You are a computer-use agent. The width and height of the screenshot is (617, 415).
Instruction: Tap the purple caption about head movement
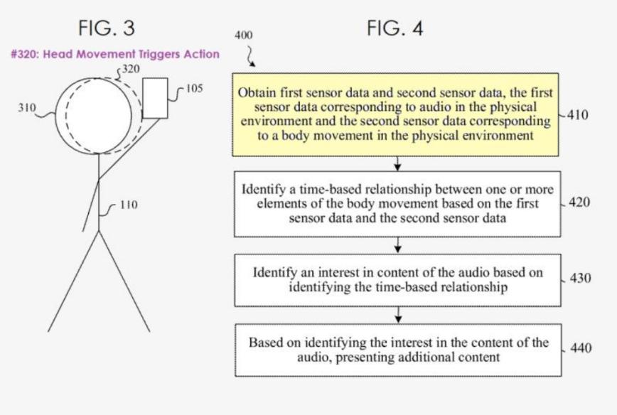[x=115, y=54]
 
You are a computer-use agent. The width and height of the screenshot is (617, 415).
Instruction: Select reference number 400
[x=242, y=35]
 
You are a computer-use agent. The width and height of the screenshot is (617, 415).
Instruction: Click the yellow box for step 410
[x=397, y=114]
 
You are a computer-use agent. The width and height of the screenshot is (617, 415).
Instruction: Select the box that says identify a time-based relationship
[x=397, y=205]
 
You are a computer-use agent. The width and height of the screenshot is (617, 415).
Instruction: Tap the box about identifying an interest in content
[x=397, y=279]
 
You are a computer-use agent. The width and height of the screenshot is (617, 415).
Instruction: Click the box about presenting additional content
[x=397, y=350]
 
